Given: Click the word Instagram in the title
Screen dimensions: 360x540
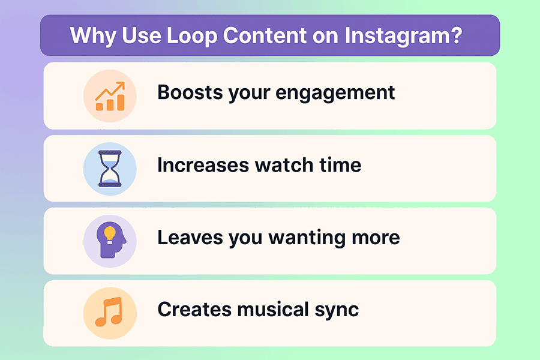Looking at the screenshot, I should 403,36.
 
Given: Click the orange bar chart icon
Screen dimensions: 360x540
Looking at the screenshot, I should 110,96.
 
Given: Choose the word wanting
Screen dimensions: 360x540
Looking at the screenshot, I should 312,238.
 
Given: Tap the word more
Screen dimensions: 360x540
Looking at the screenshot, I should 377,237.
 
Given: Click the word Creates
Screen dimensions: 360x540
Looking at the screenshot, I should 193,310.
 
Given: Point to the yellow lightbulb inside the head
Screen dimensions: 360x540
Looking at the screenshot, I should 109,233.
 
